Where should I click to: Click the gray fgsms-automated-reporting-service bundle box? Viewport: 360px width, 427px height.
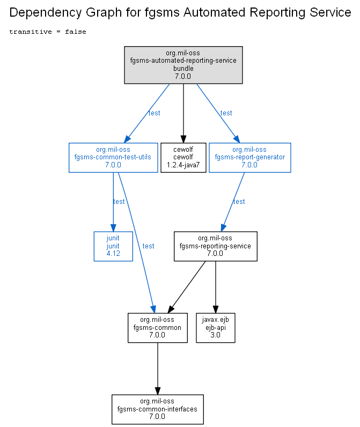click(x=183, y=65)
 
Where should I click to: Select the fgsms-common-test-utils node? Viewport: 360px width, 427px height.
click(x=113, y=158)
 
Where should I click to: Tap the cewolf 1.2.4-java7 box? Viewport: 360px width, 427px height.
click(x=183, y=158)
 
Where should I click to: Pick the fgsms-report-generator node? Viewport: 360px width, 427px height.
click(x=250, y=158)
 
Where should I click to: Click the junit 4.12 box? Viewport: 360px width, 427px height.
click(x=113, y=246)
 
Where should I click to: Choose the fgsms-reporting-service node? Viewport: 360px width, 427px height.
click(x=215, y=246)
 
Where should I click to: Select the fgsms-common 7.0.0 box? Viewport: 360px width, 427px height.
click(x=158, y=328)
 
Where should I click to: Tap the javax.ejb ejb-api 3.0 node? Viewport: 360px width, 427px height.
click(x=215, y=328)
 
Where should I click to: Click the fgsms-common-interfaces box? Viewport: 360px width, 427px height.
click(x=158, y=409)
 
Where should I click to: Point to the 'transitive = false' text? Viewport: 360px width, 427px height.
click(x=48, y=32)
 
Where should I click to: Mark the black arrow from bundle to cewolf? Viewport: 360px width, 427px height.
click(x=183, y=113)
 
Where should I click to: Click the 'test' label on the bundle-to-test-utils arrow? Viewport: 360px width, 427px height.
click(x=154, y=113)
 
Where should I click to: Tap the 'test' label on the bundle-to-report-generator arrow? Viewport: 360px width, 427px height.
click(x=226, y=113)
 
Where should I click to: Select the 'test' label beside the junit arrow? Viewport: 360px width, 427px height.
click(x=119, y=202)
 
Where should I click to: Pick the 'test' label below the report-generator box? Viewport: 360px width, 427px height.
click(x=239, y=202)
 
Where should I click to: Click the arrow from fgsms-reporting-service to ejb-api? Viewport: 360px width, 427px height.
click(x=215, y=287)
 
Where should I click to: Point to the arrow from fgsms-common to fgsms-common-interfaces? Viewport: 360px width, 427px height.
click(x=158, y=369)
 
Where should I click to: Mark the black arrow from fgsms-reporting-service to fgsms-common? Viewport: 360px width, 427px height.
click(x=187, y=287)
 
